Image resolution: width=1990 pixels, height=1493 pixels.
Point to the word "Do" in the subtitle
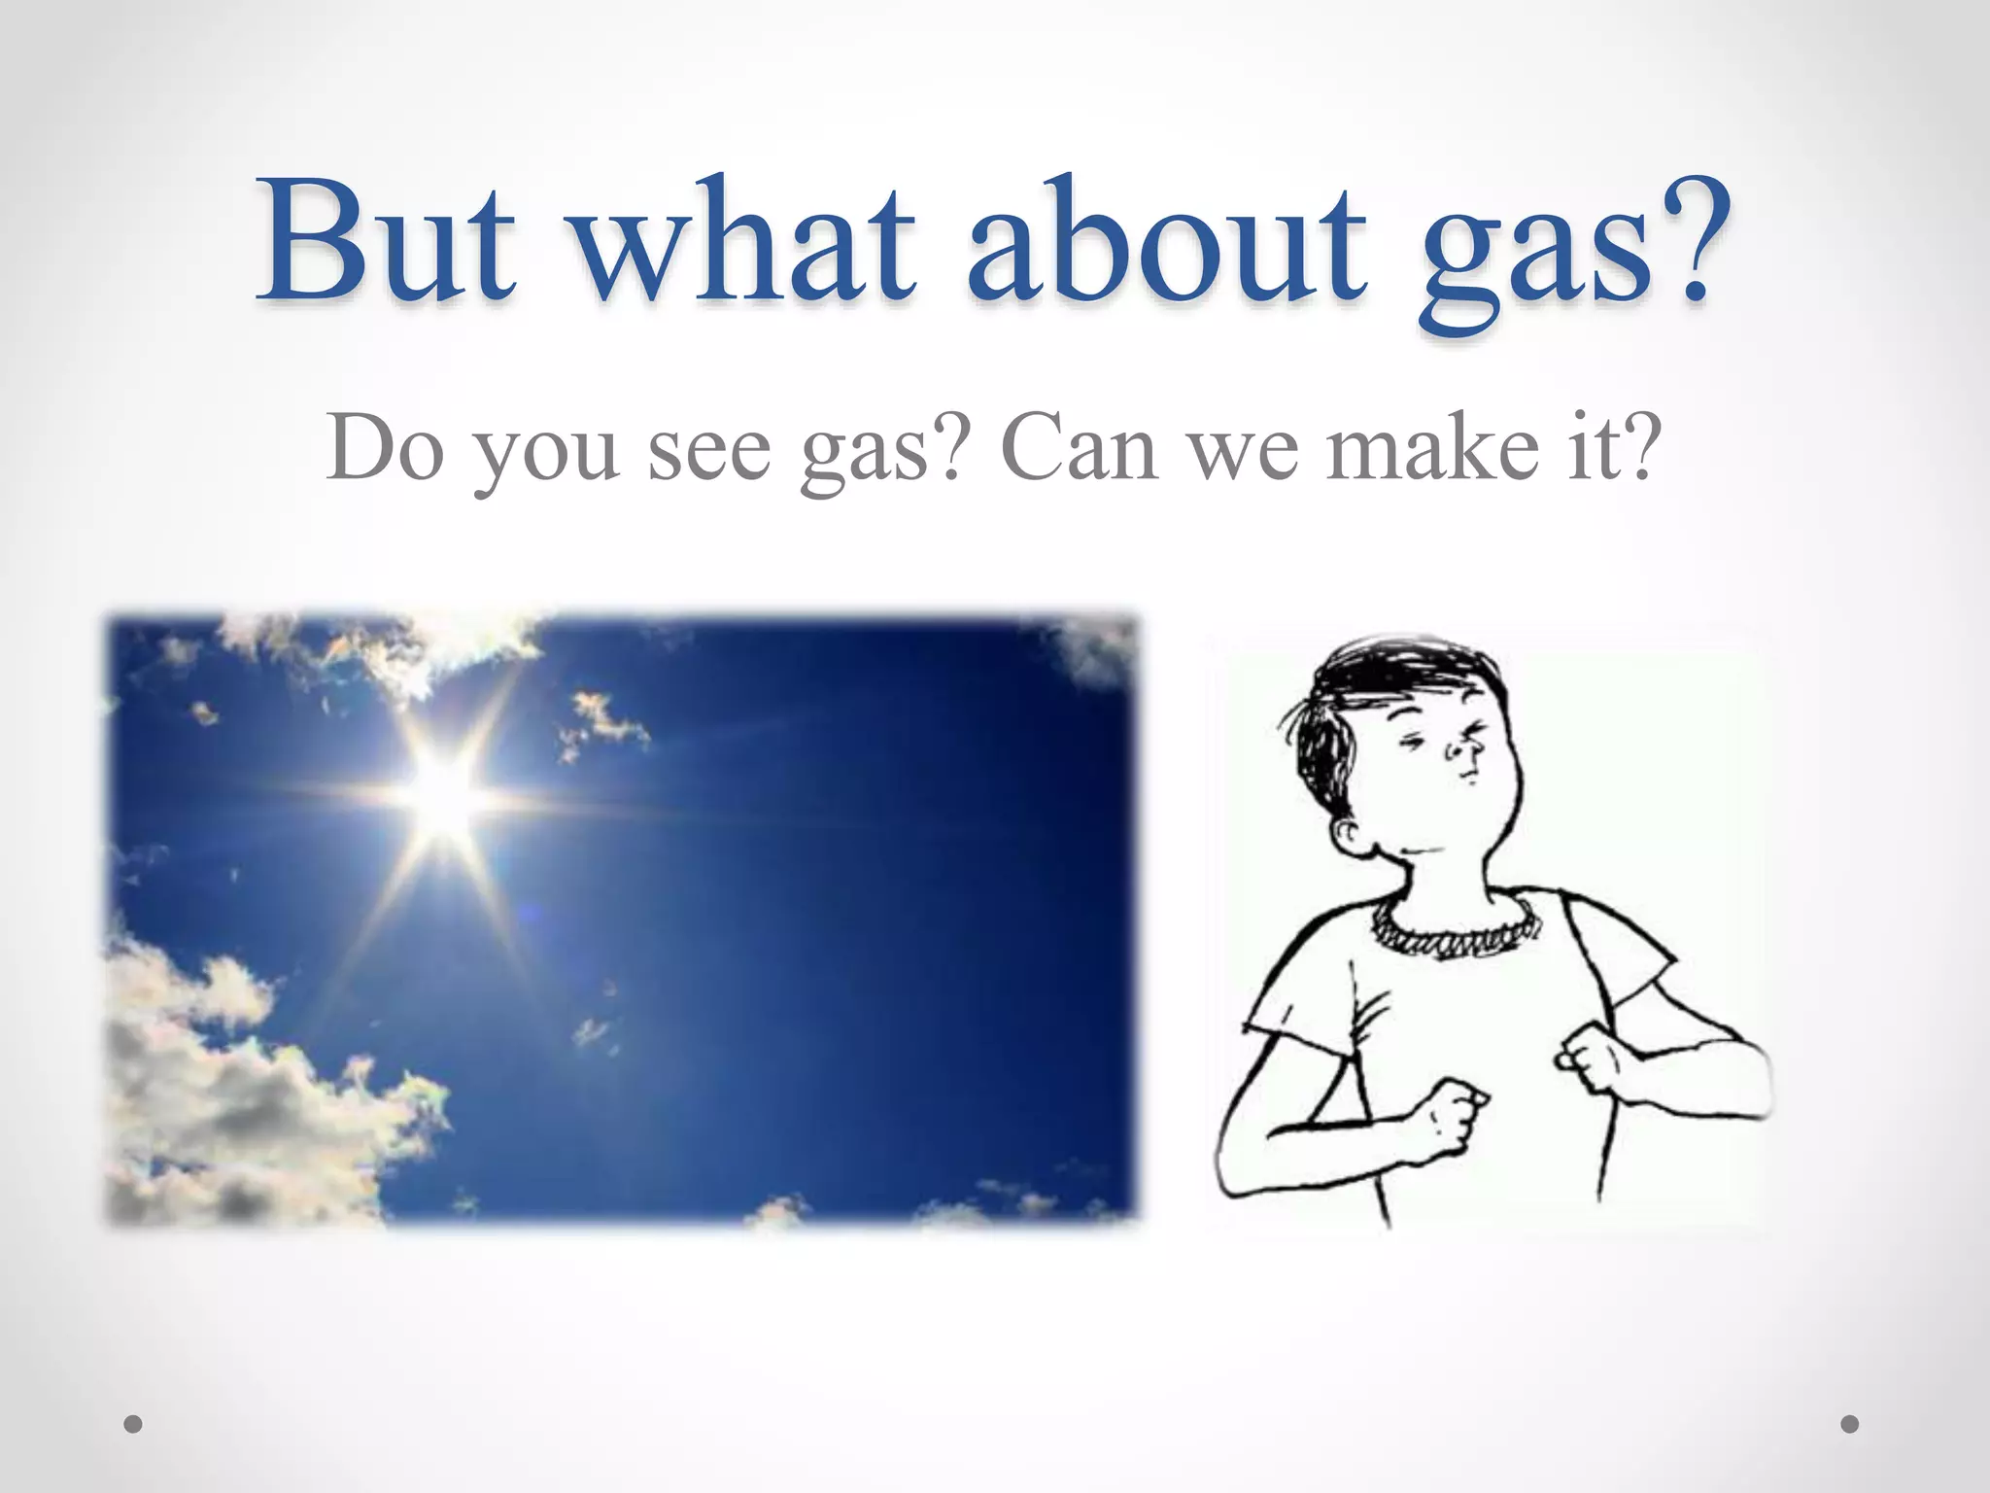pyautogui.click(x=385, y=447)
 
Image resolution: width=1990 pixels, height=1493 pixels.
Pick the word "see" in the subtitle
pyautogui.click(x=708, y=452)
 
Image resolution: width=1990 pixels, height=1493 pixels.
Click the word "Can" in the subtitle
pyautogui.click(x=1079, y=447)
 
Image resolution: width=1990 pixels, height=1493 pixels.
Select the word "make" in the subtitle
pyautogui.click(x=1433, y=447)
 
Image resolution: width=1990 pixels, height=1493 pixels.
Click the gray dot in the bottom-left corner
pyautogui.click(x=134, y=1424)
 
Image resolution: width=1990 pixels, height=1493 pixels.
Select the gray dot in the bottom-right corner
pyautogui.click(x=1850, y=1424)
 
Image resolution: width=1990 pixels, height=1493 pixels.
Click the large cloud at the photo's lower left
pyautogui.click(x=223, y=1069)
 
